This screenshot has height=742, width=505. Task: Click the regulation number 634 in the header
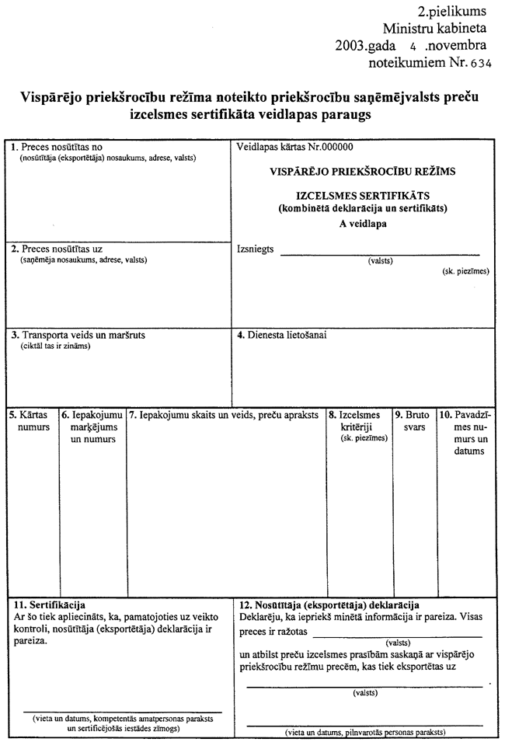click(480, 64)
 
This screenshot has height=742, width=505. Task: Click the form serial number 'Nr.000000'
click(325, 147)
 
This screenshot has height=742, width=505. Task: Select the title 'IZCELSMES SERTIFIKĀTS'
click(363, 194)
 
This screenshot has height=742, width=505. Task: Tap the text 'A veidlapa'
click(363, 224)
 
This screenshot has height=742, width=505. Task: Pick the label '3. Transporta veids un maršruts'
click(83, 336)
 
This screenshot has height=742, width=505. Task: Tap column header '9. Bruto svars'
click(414, 421)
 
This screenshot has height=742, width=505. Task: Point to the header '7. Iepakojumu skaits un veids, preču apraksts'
click(224, 416)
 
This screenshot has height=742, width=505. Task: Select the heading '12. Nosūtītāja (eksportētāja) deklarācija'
click(330, 605)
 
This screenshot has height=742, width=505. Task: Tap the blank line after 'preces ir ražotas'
click(397, 635)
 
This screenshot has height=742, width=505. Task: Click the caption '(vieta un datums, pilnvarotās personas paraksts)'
click(364, 733)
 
